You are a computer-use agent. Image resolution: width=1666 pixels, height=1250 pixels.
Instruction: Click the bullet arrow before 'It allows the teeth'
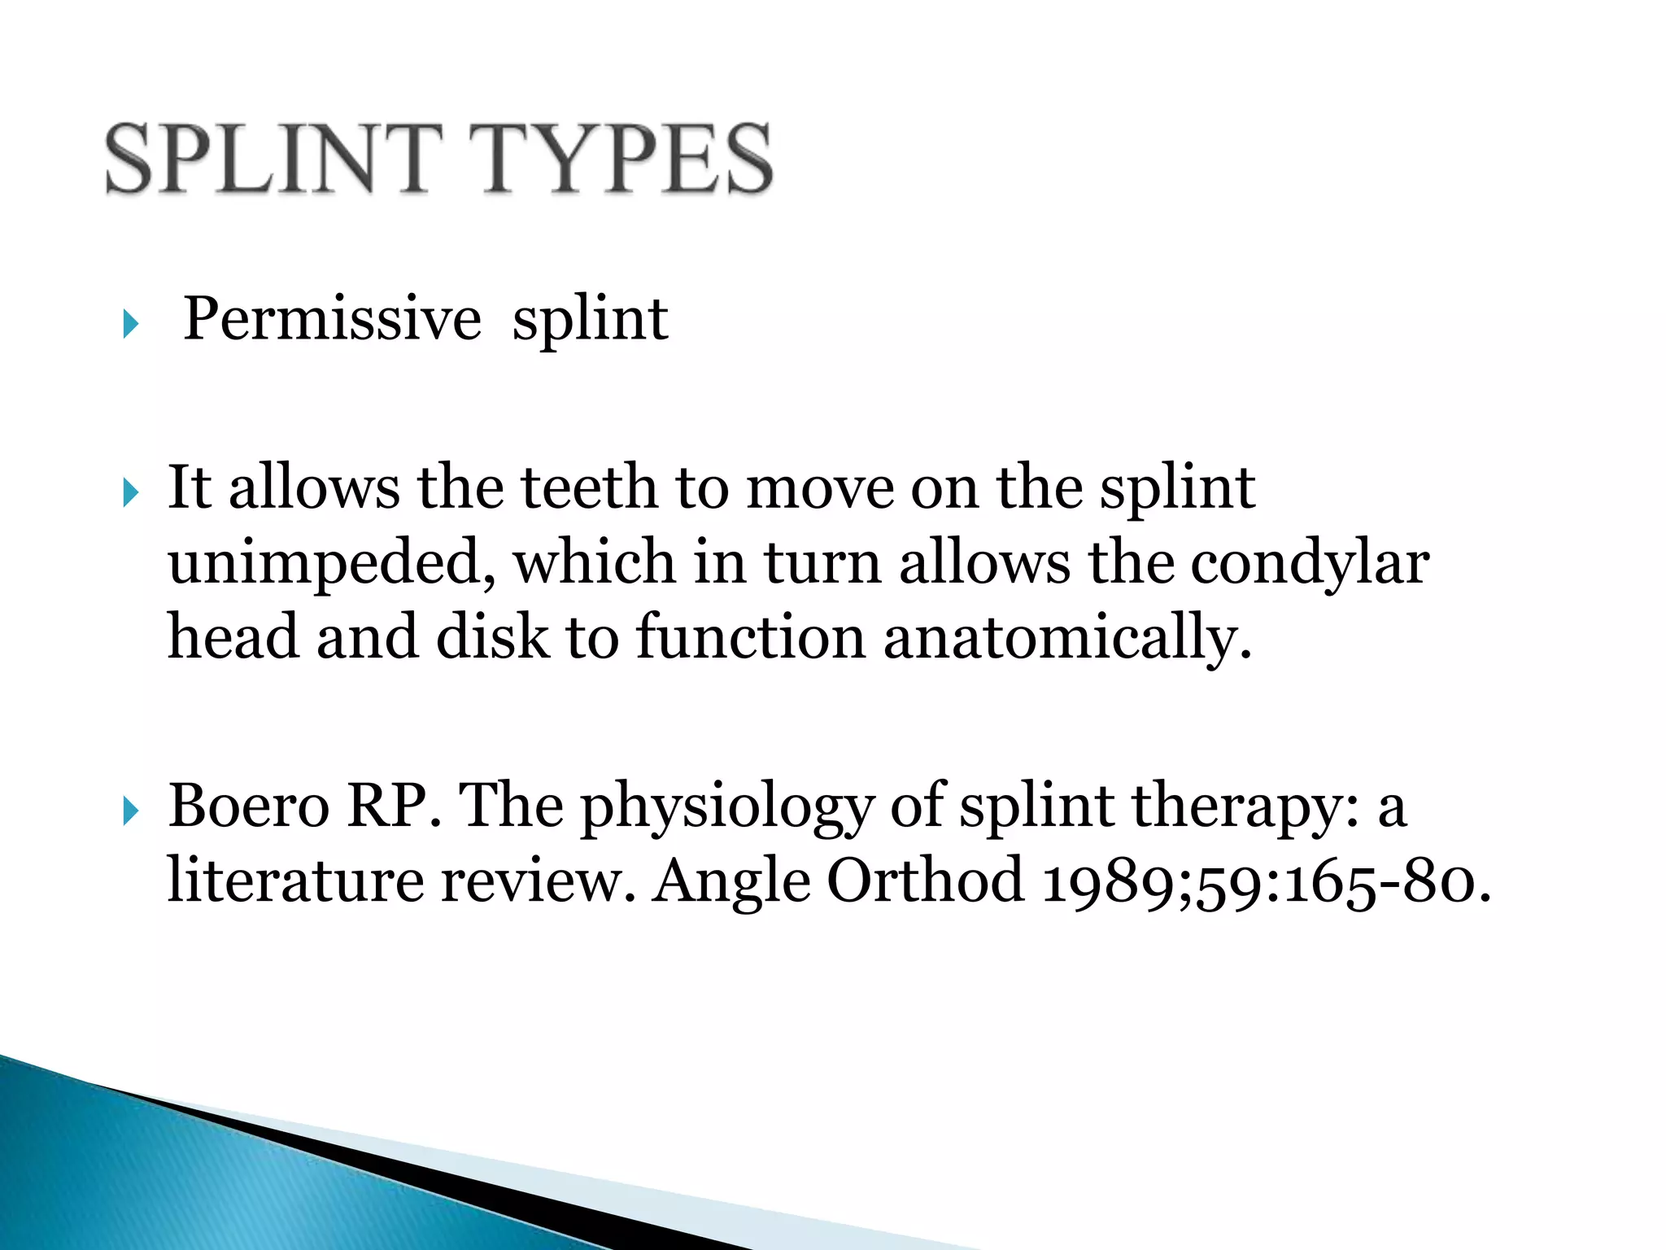[x=130, y=492]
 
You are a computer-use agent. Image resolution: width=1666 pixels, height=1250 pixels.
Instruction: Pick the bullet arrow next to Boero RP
[x=130, y=811]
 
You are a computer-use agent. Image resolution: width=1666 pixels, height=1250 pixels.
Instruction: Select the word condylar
[x=1310, y=563]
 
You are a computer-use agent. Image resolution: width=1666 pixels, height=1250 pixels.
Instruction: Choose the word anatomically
[x=1066, y=638]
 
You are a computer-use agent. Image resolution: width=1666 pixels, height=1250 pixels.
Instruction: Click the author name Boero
[x=248, y=806]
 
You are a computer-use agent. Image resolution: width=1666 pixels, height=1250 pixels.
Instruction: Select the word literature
[x=295, y=881]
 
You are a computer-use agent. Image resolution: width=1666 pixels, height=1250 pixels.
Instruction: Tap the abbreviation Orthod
[x=925, y=881]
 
